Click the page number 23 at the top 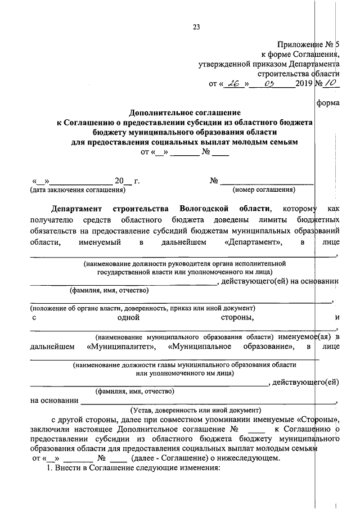(196, 26)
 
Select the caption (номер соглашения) (264, 190)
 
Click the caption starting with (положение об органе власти (142, 308)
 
